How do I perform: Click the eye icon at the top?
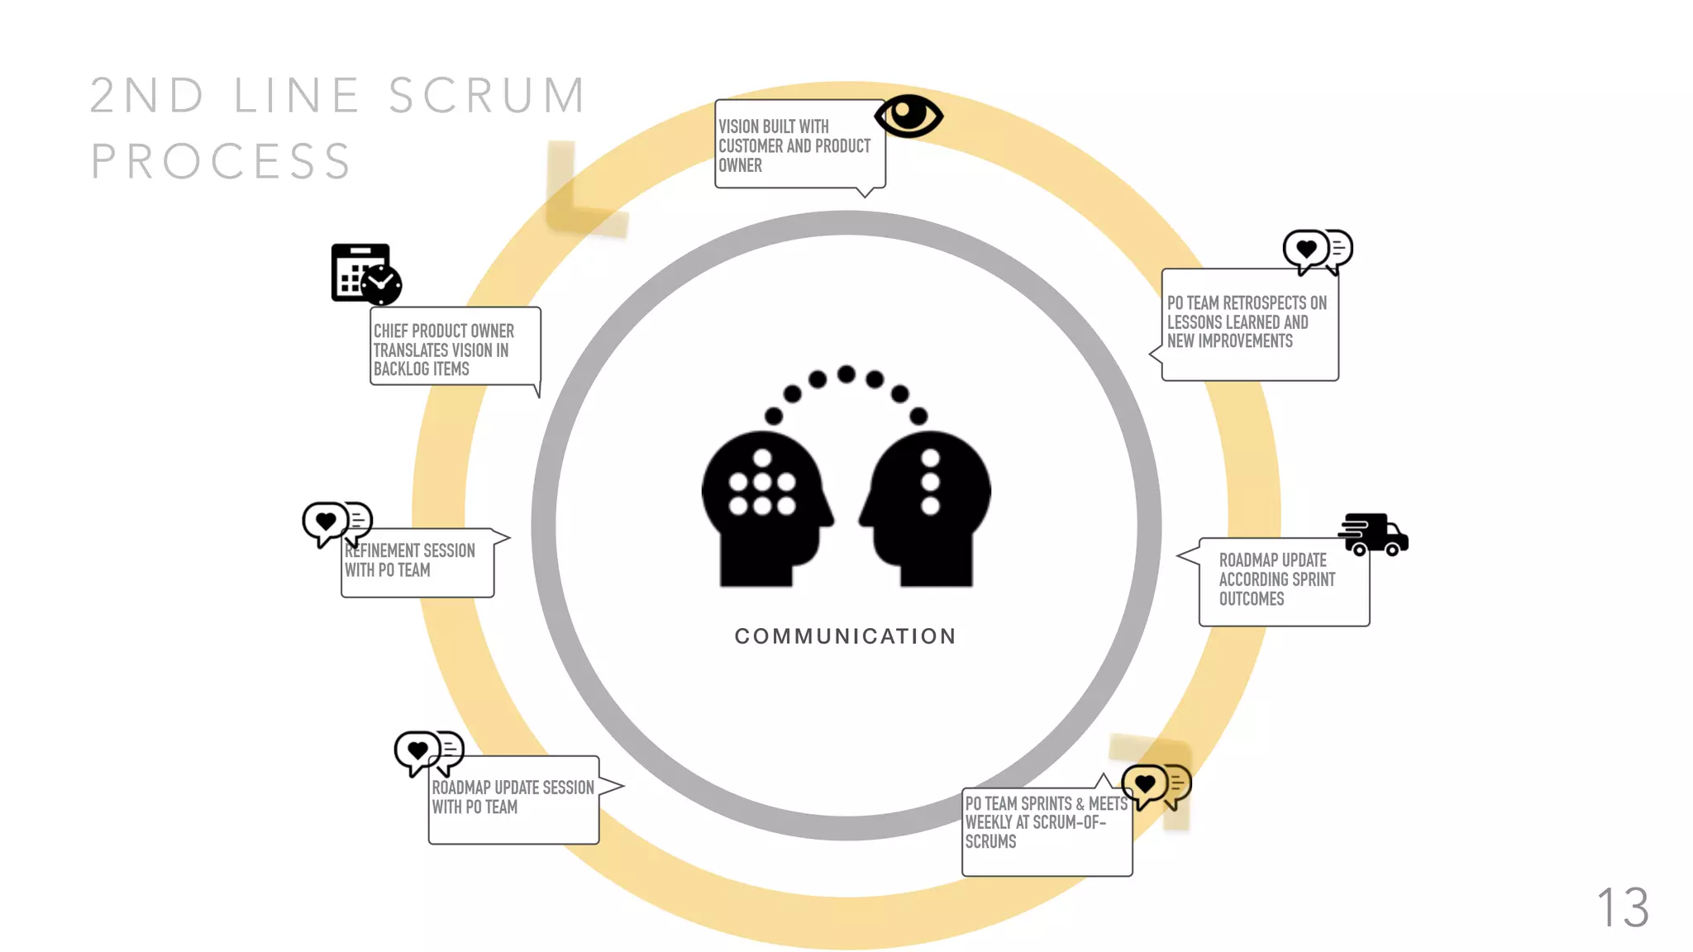908,116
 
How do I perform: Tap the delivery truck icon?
1374,534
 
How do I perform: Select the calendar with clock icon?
366,274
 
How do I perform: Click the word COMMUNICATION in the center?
845,636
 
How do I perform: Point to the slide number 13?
1623,907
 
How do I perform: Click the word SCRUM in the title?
488,96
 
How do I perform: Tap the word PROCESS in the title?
222,161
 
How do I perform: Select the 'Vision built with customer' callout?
799,145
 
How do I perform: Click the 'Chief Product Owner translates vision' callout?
455,347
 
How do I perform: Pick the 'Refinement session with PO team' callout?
417,562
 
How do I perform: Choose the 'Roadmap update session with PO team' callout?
513,799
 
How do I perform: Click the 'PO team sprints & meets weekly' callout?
1046,831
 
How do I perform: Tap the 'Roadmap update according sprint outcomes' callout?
1284,581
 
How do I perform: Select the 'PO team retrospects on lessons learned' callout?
1249,324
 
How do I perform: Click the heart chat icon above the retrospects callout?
1317,250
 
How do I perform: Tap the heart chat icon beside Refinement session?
336,523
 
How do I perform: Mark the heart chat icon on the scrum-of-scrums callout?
1156,785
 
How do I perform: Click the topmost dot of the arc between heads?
846,374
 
